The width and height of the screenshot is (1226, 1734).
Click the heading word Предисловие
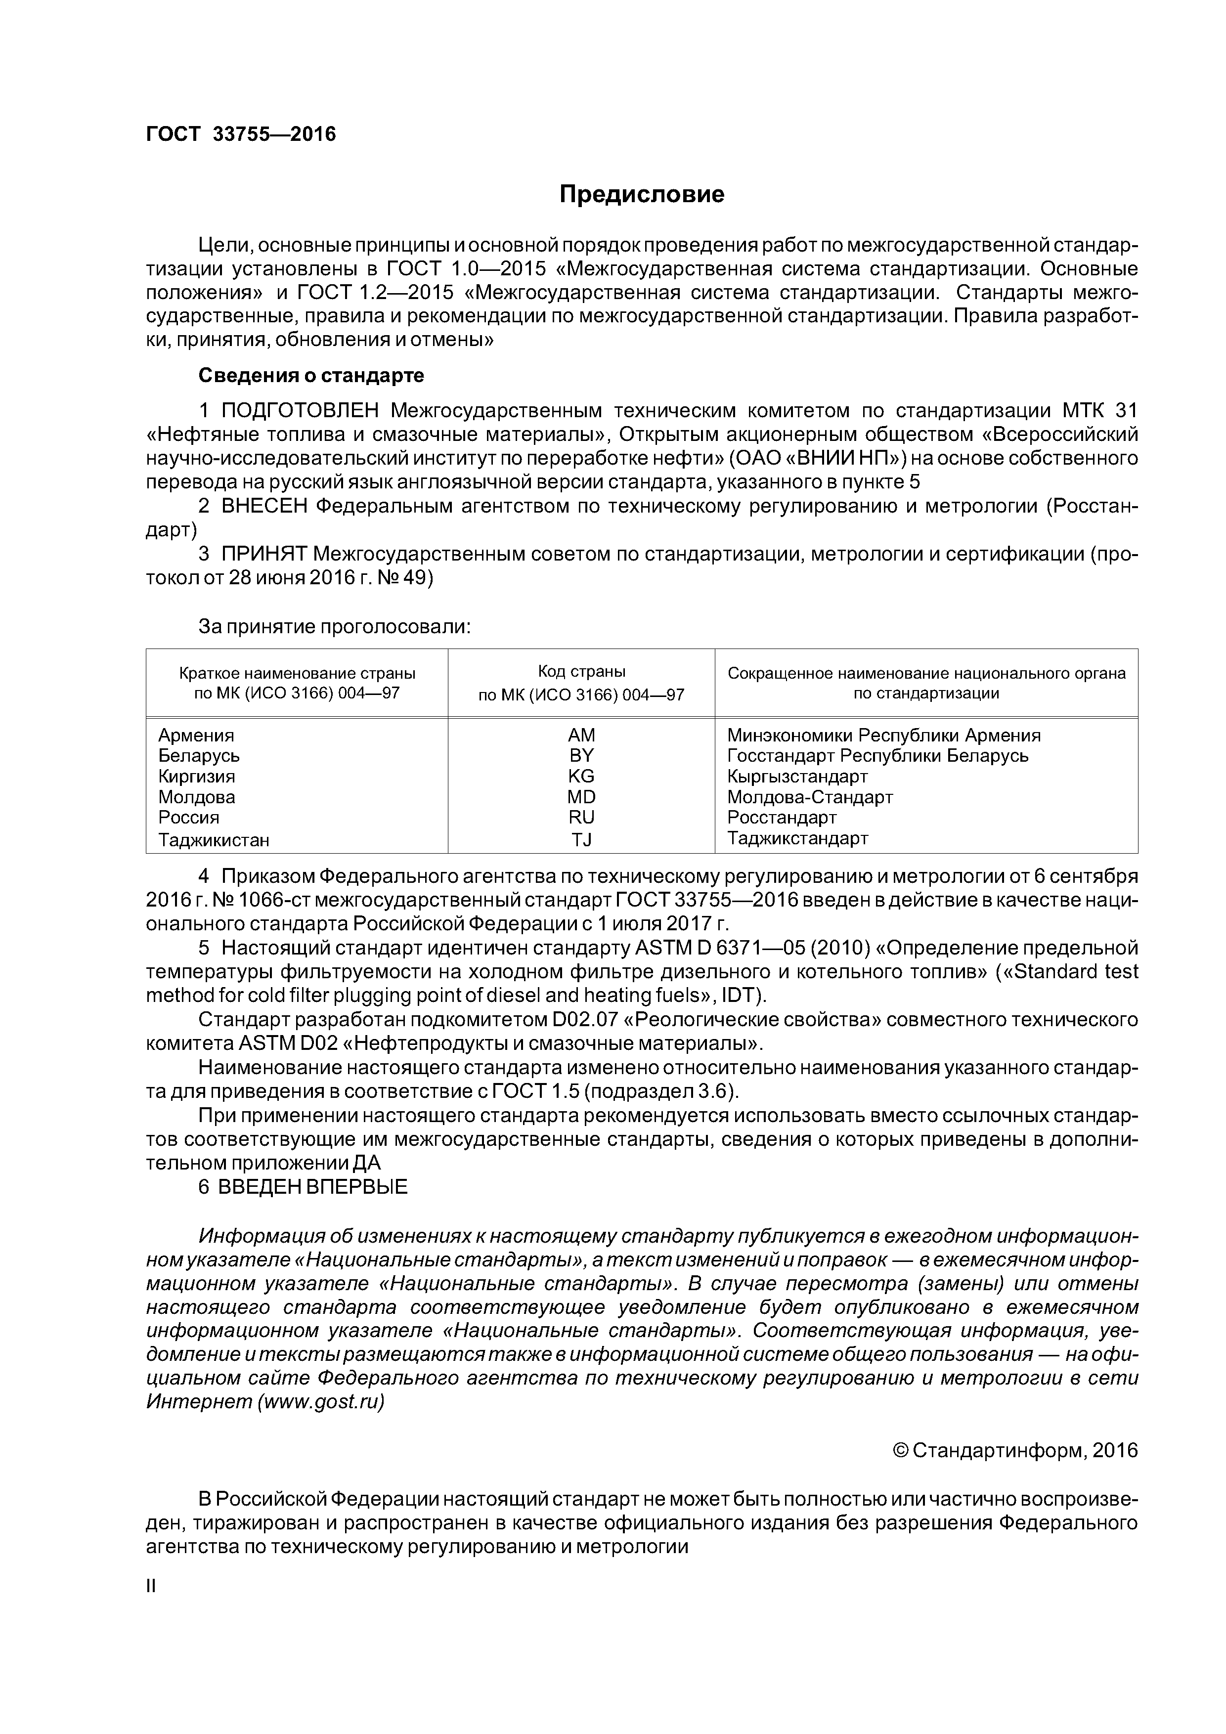(641, 195)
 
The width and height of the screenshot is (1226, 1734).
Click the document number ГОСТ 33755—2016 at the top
(240, 134)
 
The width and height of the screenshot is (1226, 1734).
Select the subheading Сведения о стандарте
(310, 375)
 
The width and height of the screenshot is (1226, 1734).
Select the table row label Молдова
(196, 797)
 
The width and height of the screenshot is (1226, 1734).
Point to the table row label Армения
(196, 735)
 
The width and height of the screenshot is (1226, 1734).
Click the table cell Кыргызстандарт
(797, 777)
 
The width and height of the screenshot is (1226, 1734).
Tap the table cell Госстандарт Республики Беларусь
(877, 755)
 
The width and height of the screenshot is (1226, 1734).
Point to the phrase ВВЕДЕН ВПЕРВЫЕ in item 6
(312, 1186)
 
